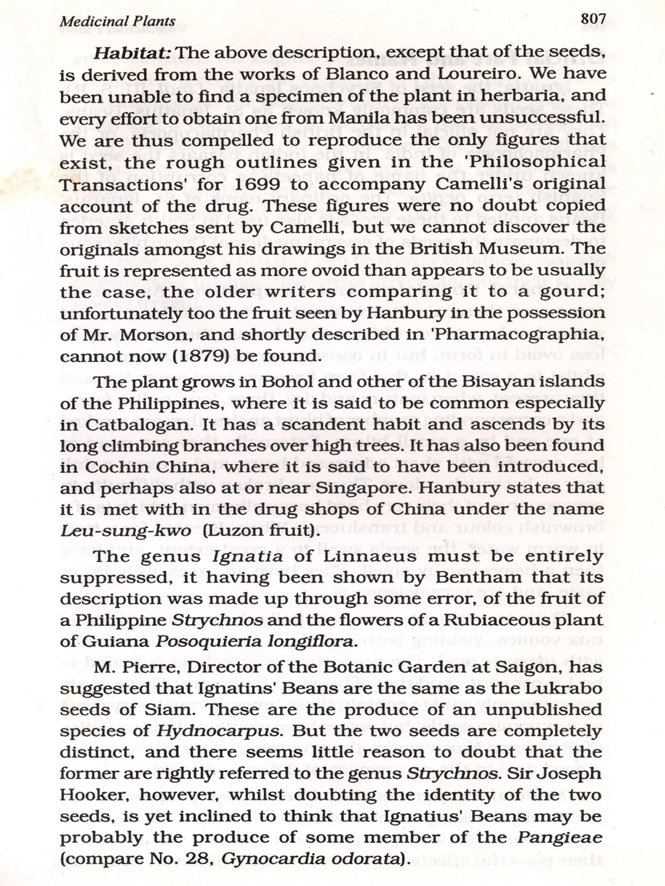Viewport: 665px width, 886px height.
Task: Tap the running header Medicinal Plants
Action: click(117, 21)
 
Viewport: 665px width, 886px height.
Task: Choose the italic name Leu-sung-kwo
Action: click(125, 530)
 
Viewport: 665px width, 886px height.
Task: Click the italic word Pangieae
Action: click(559, 838)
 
